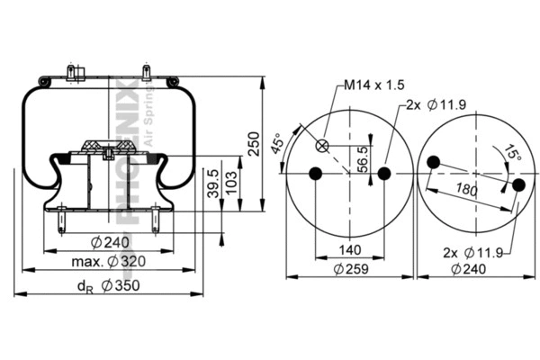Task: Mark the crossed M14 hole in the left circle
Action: click(323, 146)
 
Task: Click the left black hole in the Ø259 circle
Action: click(315, 174)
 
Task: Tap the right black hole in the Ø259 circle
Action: click(384, 174)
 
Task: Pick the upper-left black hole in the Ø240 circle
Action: click(434, 162)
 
